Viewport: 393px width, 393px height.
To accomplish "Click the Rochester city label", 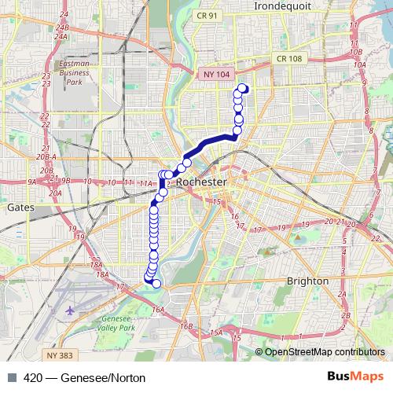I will coord(202,182).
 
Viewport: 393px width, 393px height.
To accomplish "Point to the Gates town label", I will coord(18,208).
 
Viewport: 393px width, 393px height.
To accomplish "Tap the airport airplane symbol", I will coord(71,310).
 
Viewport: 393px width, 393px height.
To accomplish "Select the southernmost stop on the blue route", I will coord(156,284).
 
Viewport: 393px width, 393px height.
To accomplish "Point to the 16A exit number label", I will coord(157,310).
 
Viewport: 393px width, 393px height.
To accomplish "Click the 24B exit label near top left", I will coord(63,27).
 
